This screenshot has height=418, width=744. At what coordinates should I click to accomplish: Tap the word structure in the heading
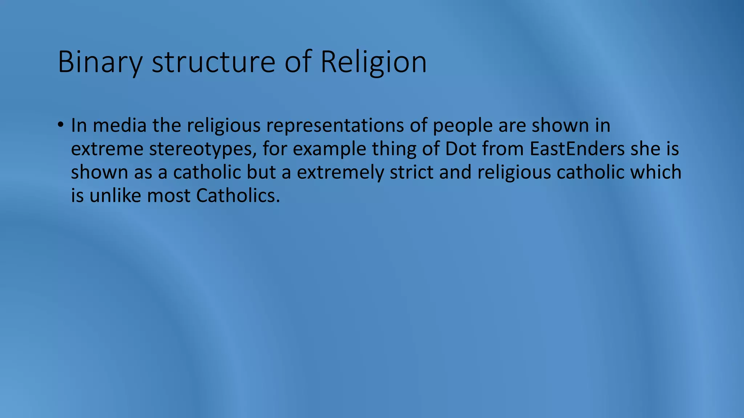click(213, 62)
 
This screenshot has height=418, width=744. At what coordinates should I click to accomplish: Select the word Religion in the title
click(373, 62)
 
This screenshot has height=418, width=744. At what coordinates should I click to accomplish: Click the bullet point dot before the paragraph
click(60, 125)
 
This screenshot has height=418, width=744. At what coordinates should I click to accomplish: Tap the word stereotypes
click(200, 149)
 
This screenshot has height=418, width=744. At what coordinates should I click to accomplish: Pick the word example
click(329, 149)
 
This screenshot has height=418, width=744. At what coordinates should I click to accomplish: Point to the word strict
click(412, 172)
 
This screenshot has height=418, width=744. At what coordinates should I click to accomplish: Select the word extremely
click(340, 172)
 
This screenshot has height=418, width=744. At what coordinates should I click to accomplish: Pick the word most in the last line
click(169, 196)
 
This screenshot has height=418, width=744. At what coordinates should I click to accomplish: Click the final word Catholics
click(238, 196)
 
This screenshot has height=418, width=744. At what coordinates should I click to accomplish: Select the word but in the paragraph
click(261, 172)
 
